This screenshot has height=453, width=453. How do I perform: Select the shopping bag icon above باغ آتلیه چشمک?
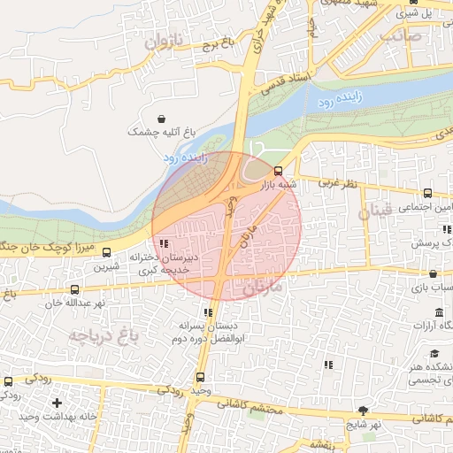(x=160, y=119)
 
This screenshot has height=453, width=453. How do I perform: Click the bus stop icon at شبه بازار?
(x=279, y=172)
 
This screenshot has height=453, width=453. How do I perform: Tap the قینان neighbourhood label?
(x=379, y=212)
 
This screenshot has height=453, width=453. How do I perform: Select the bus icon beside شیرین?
(x=107, y=253)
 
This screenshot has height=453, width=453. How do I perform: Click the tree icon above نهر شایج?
(x=362, y=411)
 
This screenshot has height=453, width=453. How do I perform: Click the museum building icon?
(x=440, y=314)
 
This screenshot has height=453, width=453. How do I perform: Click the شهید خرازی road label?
(x=269, y=19)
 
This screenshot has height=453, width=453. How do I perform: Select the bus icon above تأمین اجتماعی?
(x=428, y=193)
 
